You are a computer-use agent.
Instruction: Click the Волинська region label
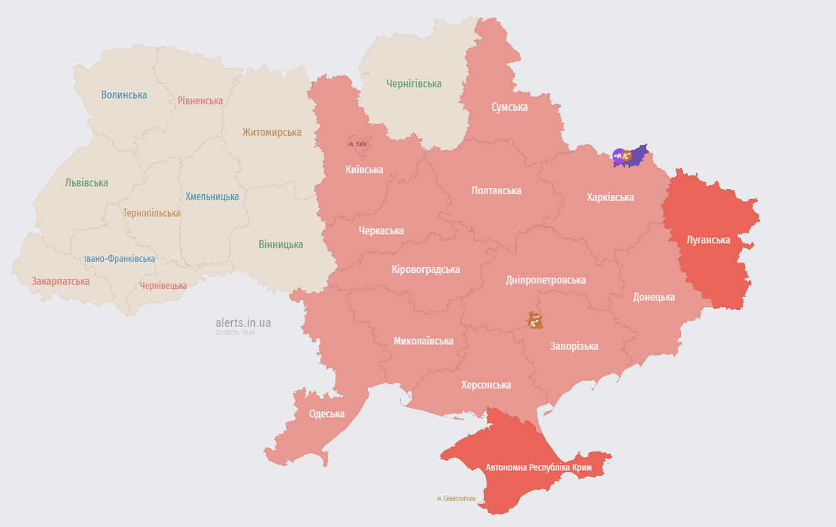coord(124,95)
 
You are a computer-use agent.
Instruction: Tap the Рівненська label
coord(200,100)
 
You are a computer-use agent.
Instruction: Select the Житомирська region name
coord(272,133)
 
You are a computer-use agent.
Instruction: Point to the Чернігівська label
coord(414,83)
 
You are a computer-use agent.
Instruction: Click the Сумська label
coord(510,107)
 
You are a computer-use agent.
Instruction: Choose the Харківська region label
coord(610,197)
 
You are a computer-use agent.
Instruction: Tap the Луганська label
coord(708,240)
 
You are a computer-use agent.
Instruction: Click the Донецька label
coord(653,297)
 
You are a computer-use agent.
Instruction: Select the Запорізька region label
coord(574,346)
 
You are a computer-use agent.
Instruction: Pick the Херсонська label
coord(486,385)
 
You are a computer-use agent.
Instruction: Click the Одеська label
coord(327,413)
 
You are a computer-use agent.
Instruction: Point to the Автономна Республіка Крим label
coord(539,468)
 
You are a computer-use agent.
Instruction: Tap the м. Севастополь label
coord(456,498)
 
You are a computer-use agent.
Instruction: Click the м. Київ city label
coord(358,144)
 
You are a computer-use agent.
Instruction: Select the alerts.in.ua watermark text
coord(243,323)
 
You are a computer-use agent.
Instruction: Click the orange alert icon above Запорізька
coord(533,320)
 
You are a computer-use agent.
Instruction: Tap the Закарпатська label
coord(60,281)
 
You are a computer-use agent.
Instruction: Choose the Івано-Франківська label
coord(120,259)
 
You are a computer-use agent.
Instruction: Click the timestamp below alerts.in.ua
coord(235,333)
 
